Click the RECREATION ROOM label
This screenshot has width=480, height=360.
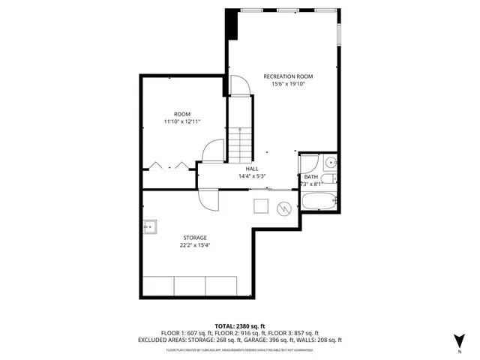(x=288, y=76)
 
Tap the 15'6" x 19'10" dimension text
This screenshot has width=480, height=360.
(x=288, y=84)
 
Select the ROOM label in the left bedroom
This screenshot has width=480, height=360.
(x=182, y=114)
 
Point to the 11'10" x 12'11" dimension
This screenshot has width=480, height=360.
(x=182, y=121)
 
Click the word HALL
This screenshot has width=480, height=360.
(x=252, y=169)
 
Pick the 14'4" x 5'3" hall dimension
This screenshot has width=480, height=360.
(x=252, y=176)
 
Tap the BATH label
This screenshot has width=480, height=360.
(x=311, y=176)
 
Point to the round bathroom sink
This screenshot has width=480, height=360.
(x=331, y=162)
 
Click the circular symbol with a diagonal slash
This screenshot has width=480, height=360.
(x=284, y=208)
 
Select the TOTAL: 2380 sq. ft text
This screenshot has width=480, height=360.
(x=240, y=325)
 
